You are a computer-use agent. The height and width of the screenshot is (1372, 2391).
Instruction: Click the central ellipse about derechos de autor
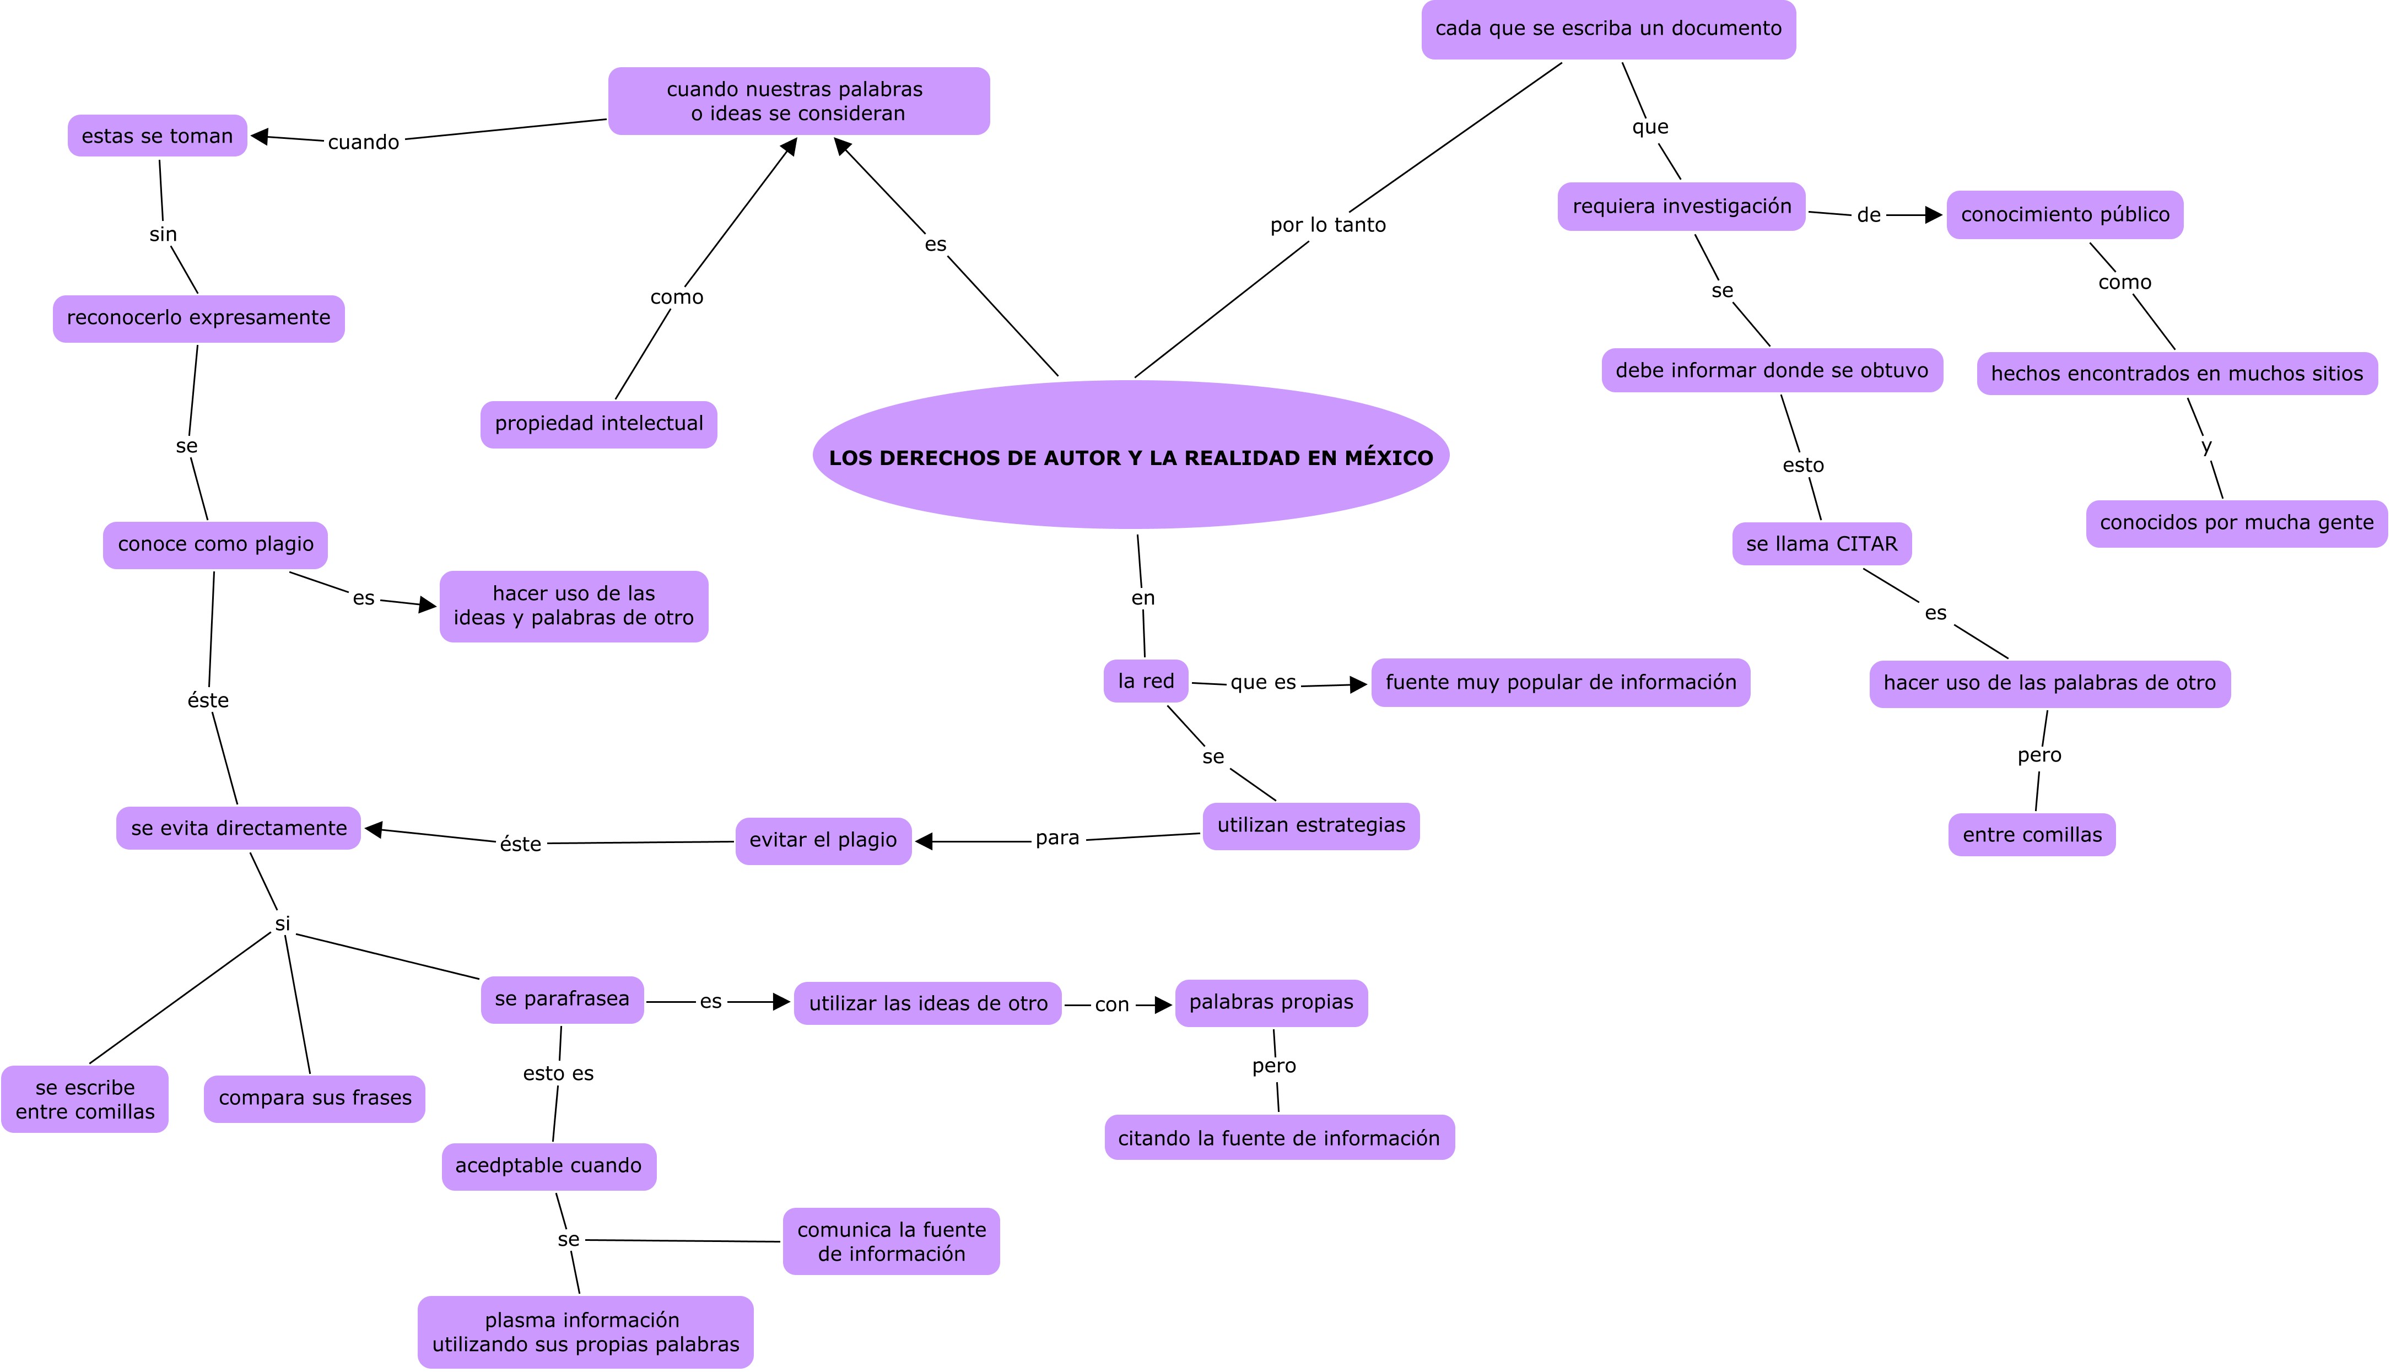pyautogui.click(x=1131, y=456)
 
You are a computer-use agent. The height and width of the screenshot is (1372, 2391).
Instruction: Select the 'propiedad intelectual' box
pyautogui.click(x=598, y=424)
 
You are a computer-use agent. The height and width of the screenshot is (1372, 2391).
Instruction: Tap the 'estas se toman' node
pyautogui.click(x=158, y=136)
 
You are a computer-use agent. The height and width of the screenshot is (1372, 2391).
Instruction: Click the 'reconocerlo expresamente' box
pyautogui.click(x=199, y=318)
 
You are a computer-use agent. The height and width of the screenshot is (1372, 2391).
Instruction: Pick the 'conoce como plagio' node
pyautogui.click(x=216, y=544)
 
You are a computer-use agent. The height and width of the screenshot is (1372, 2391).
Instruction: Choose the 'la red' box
pyautogui.click(x=1146, y=681)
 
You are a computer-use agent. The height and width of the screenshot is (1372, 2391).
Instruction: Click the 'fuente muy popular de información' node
pyautogui.click(x=1560, y=682)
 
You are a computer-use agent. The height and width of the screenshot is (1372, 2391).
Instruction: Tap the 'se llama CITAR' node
pyautogui.click(x=1821, y=544)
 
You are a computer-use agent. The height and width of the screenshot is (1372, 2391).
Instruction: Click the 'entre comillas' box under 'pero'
pyautogui.click(x=2031, y=835)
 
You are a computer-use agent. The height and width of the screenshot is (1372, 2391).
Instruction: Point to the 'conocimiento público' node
pyautogui.click(x=2064, y=215)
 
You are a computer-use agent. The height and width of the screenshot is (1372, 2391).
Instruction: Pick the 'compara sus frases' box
pyautogui.click(x=315, y=1099)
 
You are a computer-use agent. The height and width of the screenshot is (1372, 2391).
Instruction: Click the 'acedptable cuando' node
pyautogui.click(x=548, y=1166)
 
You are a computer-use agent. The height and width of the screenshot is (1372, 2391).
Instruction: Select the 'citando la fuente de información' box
pyautogui.click(x=1278, y=1138)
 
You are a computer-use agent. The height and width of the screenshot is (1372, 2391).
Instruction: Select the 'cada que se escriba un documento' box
pyautogui.click(x=1608, y=29)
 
